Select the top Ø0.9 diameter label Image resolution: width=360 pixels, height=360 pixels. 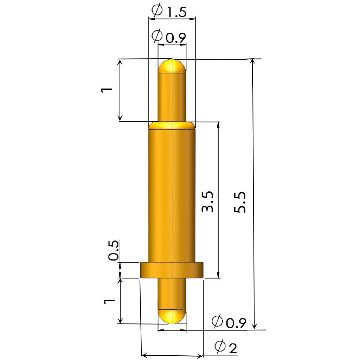[169, 36]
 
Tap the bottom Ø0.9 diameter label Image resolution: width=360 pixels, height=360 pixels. [229, 321]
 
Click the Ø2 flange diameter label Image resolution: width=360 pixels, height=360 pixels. [226, 347]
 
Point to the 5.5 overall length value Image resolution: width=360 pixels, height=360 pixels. [240, 202]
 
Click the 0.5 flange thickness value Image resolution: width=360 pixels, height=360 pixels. [114, 250]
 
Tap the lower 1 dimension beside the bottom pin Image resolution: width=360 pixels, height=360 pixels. [109, 301]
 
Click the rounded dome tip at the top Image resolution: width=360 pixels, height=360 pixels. [172, 66]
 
